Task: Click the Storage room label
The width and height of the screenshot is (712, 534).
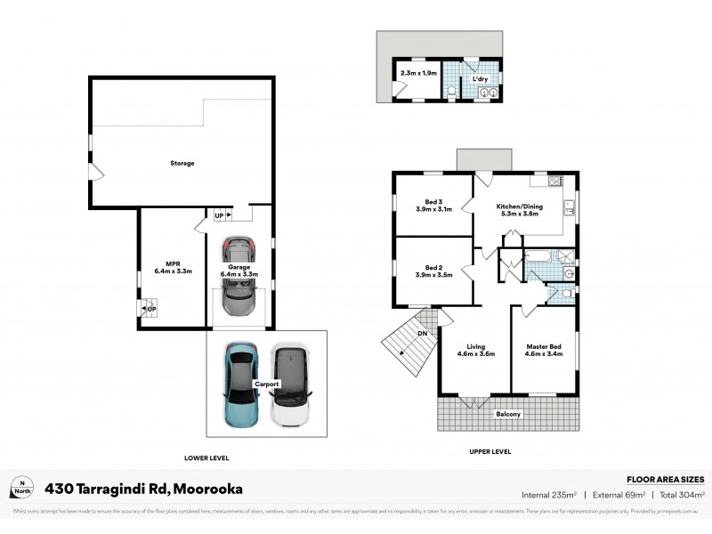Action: tap(182, 163)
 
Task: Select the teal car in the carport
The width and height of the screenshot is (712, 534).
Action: tap(239, 385)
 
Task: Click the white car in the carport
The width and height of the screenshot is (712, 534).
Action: tap(288, 384)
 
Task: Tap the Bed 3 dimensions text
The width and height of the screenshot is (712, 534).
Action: tap(434, 209)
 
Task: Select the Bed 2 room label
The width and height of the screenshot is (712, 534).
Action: tap(433, 267)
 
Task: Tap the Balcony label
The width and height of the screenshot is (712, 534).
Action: tap(508, 415)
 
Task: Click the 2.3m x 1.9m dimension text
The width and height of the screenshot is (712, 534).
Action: tap(417, 73)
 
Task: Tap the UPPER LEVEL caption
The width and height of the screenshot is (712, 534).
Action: tap(489, 452)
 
